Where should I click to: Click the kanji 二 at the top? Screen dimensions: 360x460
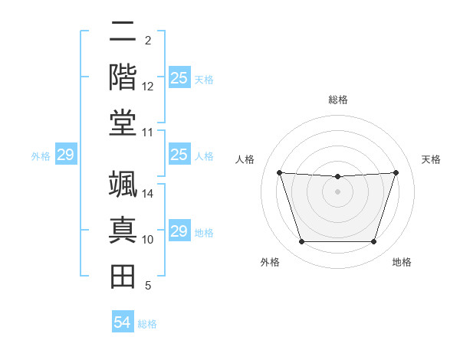coord(123,33)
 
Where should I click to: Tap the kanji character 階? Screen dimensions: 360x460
coord(123,77)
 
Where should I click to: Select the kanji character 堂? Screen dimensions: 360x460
coord(123,123)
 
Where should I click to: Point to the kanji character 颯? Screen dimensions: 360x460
coord(123,186)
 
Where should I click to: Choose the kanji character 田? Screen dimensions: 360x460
coord(123,275)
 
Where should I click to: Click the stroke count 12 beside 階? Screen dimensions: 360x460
coord(148,87)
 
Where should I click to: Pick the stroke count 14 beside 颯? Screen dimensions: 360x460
coord(148,194)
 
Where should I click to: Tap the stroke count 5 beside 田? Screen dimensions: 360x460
coord(147,286)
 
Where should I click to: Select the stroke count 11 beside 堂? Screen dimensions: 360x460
coord(148,133)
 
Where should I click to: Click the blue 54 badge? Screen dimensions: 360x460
coord(122,322)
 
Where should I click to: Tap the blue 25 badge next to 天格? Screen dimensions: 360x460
coord(179,78)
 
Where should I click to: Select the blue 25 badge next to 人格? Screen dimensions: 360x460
coord(179,155)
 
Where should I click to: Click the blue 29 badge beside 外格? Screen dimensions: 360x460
coord(65,155)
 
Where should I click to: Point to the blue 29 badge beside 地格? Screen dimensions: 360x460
coord(179,231)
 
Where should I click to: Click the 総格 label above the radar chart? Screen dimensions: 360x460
coord(337,100)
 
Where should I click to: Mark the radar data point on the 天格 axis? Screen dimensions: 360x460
coord(396,172)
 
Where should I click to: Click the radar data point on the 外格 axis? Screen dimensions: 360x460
coord(301,242)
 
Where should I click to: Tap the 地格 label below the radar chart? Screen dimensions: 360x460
coord(402,263)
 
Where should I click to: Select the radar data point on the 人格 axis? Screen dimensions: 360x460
coord(279,172)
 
